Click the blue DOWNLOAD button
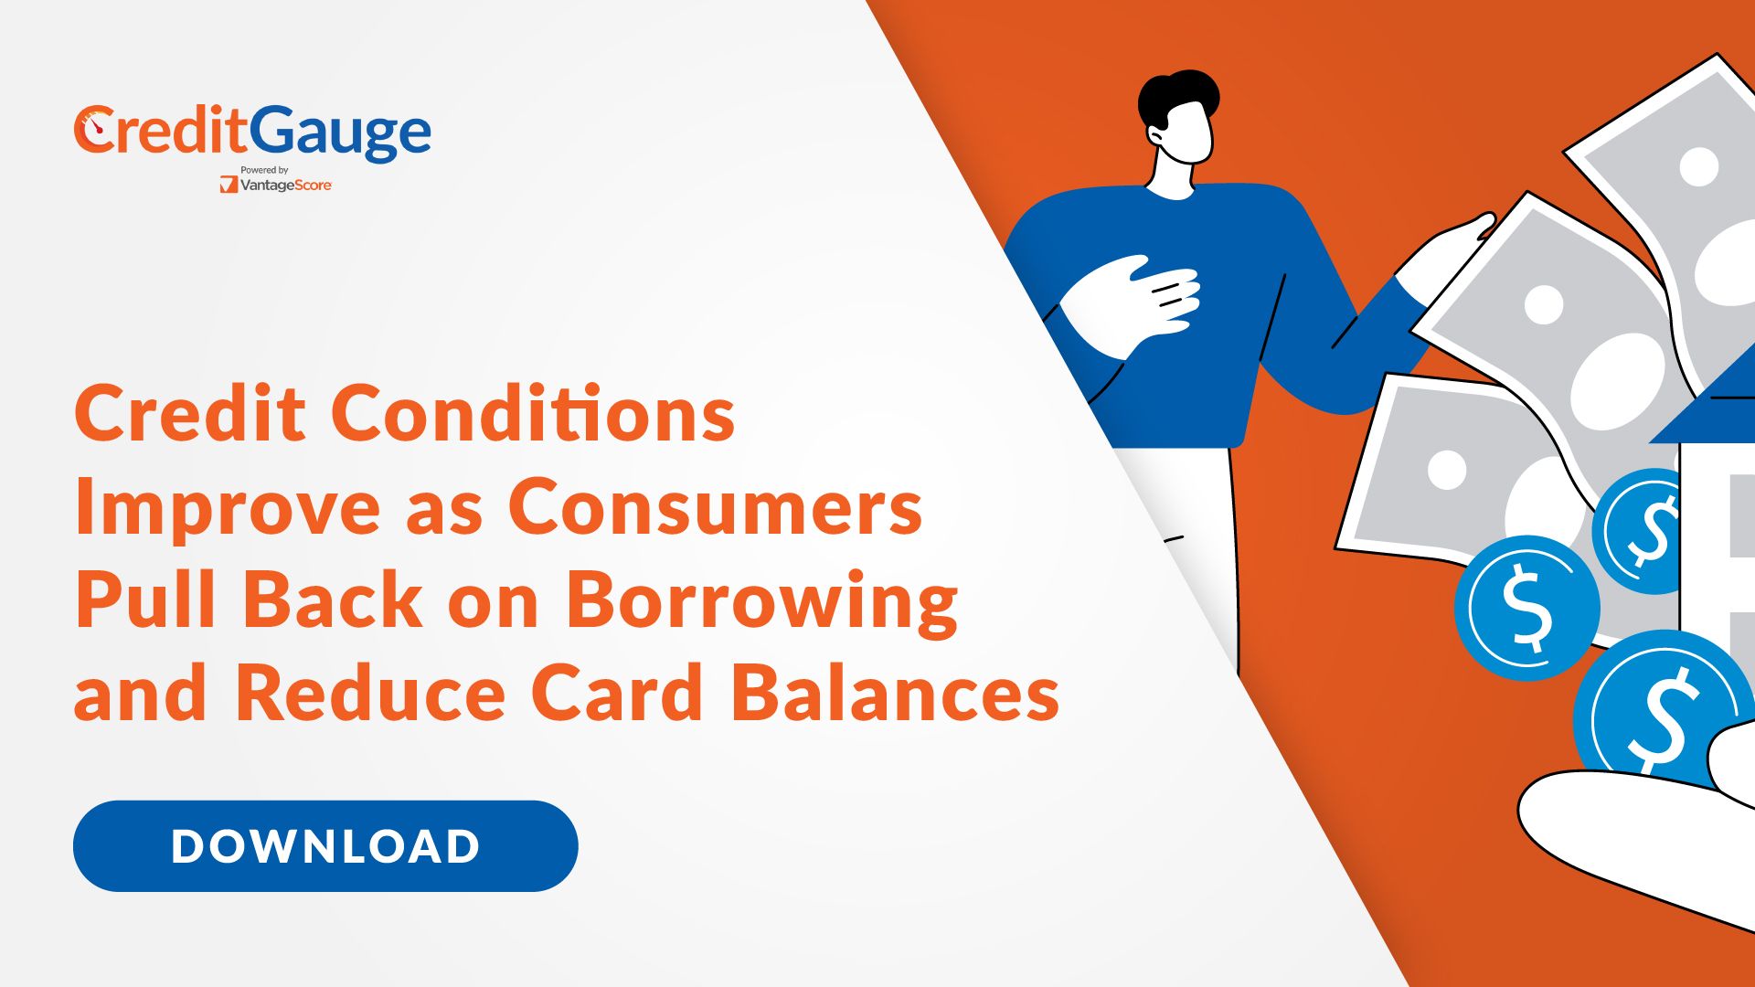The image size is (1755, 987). point(325,845)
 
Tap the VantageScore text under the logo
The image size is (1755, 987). point(285,186)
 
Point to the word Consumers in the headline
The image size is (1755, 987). point(715,507)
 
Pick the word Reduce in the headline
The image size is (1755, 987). point(371,693)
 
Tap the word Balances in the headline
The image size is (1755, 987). point(895,693)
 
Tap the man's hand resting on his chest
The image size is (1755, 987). point(1133,302)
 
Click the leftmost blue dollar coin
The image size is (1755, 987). point(1526,608)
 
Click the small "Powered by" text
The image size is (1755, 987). point(264,170)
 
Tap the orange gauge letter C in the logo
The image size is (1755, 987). point(94,130)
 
